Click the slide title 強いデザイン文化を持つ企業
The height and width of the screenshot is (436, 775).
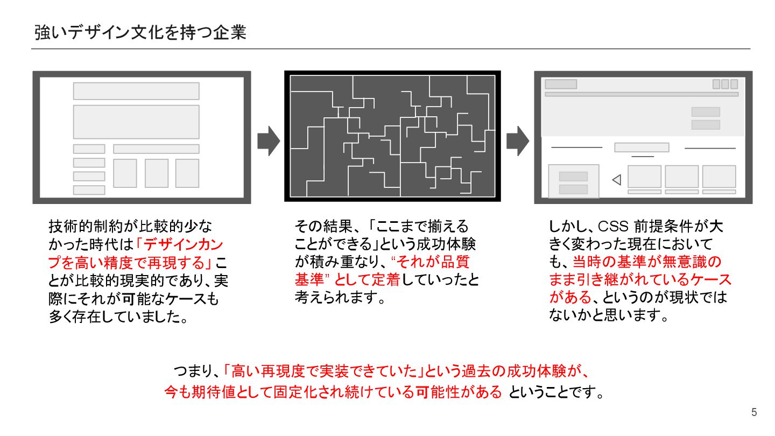140,32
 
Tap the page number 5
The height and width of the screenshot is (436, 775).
754,413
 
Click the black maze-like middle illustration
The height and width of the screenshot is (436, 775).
392,136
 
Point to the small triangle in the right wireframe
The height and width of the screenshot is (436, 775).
617,180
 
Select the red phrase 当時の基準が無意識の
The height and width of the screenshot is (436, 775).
646,262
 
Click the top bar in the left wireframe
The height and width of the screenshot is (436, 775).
136,91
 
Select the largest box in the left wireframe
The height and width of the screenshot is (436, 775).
136,122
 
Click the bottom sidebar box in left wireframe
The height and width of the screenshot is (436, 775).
89,189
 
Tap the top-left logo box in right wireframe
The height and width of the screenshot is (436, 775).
561,85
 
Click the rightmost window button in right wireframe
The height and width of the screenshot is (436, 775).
734,85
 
